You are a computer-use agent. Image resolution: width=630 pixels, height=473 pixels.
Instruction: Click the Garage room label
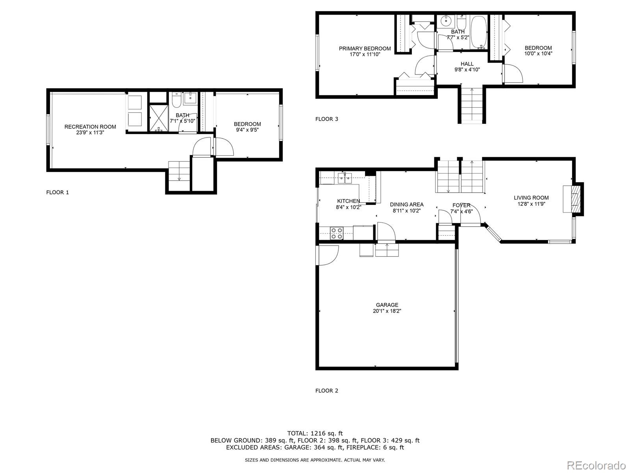pos(387,305)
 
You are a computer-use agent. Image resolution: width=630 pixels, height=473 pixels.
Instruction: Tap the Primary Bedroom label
pos(365,48)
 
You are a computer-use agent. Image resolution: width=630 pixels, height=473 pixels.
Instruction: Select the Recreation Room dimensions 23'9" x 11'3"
pos(90,133)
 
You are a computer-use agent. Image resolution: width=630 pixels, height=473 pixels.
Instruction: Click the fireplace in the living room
pos(576,199)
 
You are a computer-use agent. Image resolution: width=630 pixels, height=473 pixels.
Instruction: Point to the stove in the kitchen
pos(336,233)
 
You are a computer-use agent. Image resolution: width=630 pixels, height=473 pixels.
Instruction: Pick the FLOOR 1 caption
pos(57,192)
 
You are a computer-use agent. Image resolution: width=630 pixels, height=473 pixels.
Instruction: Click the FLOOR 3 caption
pos(326,119)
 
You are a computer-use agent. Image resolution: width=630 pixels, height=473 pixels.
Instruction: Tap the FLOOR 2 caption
pos(326,391)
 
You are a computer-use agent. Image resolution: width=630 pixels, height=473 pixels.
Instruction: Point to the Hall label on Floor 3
pos(467,64)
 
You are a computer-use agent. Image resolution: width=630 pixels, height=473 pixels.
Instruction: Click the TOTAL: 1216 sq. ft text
pos(315,433)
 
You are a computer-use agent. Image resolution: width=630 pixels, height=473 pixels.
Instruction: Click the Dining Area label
pos(407,204)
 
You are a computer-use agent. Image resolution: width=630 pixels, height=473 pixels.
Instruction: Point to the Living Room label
pos(531,198)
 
